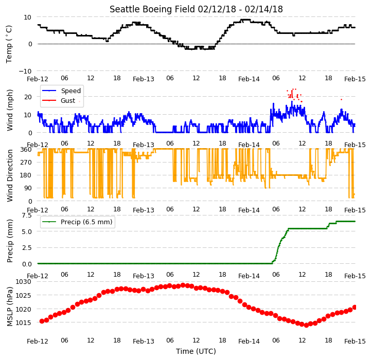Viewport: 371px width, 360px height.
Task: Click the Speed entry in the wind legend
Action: (x=70, y=91)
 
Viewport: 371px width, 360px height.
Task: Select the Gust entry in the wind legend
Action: (x=68, y=101)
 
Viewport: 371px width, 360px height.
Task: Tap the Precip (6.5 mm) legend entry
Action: (x=86, y=222)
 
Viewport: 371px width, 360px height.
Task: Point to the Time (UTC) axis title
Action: (x=196, y=351)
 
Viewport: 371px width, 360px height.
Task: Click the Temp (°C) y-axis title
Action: (x=9, y=44)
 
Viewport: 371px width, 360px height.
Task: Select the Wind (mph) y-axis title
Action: (x=10, y=110)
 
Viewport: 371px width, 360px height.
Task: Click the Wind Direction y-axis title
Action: (x=10, y=176)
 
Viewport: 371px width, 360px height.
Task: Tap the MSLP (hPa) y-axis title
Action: (x=10, y=307)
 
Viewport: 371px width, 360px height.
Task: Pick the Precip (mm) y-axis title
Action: (x=10, y=241)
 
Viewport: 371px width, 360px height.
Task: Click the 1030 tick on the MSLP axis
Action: (x=23, y=282)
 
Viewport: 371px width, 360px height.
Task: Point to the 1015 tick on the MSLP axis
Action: (x=23, y=322)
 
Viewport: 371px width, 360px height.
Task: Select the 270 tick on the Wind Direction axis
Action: (x=26, y=163)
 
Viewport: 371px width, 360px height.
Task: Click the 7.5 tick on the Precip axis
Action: (x=27, y=215)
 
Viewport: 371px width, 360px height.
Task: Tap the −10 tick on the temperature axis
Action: (x=25, y=71)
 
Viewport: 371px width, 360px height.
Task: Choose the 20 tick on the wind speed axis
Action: (x=28, y=97)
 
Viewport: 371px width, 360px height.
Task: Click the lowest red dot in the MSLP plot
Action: (x=306, y=325)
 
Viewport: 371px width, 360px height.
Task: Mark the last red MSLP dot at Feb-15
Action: (x=355, y=307)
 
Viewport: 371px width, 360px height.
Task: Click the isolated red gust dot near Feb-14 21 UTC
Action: (x=341, y=100)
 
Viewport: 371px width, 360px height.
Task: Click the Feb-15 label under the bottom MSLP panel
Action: (x=355, y=341)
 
